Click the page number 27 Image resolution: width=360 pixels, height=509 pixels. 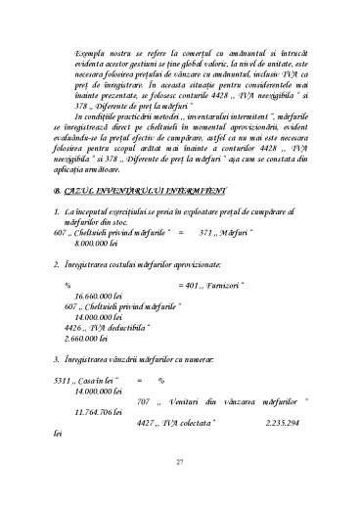click(x=179, y=462)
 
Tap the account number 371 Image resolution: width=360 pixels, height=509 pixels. click(x=205, y=233)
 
